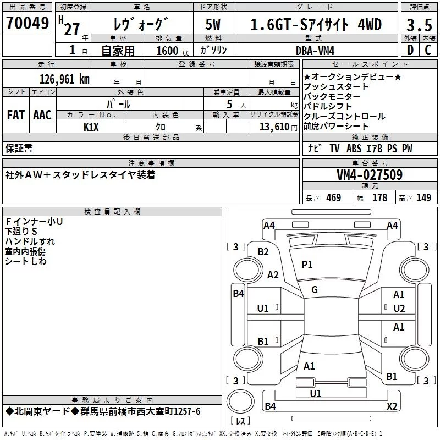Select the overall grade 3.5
[x=419, y=25]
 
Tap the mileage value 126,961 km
[x=64, y=79]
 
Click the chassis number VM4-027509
[x=369, y=175]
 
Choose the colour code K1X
[x=91, y=127]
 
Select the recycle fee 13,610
[x=273, y=127]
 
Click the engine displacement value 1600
[x=167, y=51]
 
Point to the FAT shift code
[x=16, y=115]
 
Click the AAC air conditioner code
[x=42, y=115]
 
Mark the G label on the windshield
[x=314, y=290]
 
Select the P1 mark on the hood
[x=307, y=265]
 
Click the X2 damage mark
[x=392, y=406]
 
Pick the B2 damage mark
[x=263, y=251]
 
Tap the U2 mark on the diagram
[x=399, y=308]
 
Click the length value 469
[x=332, y=198]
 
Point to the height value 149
[x=424, y=198]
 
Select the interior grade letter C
[x=427, y=51]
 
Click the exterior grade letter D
[x=409, y=51]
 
